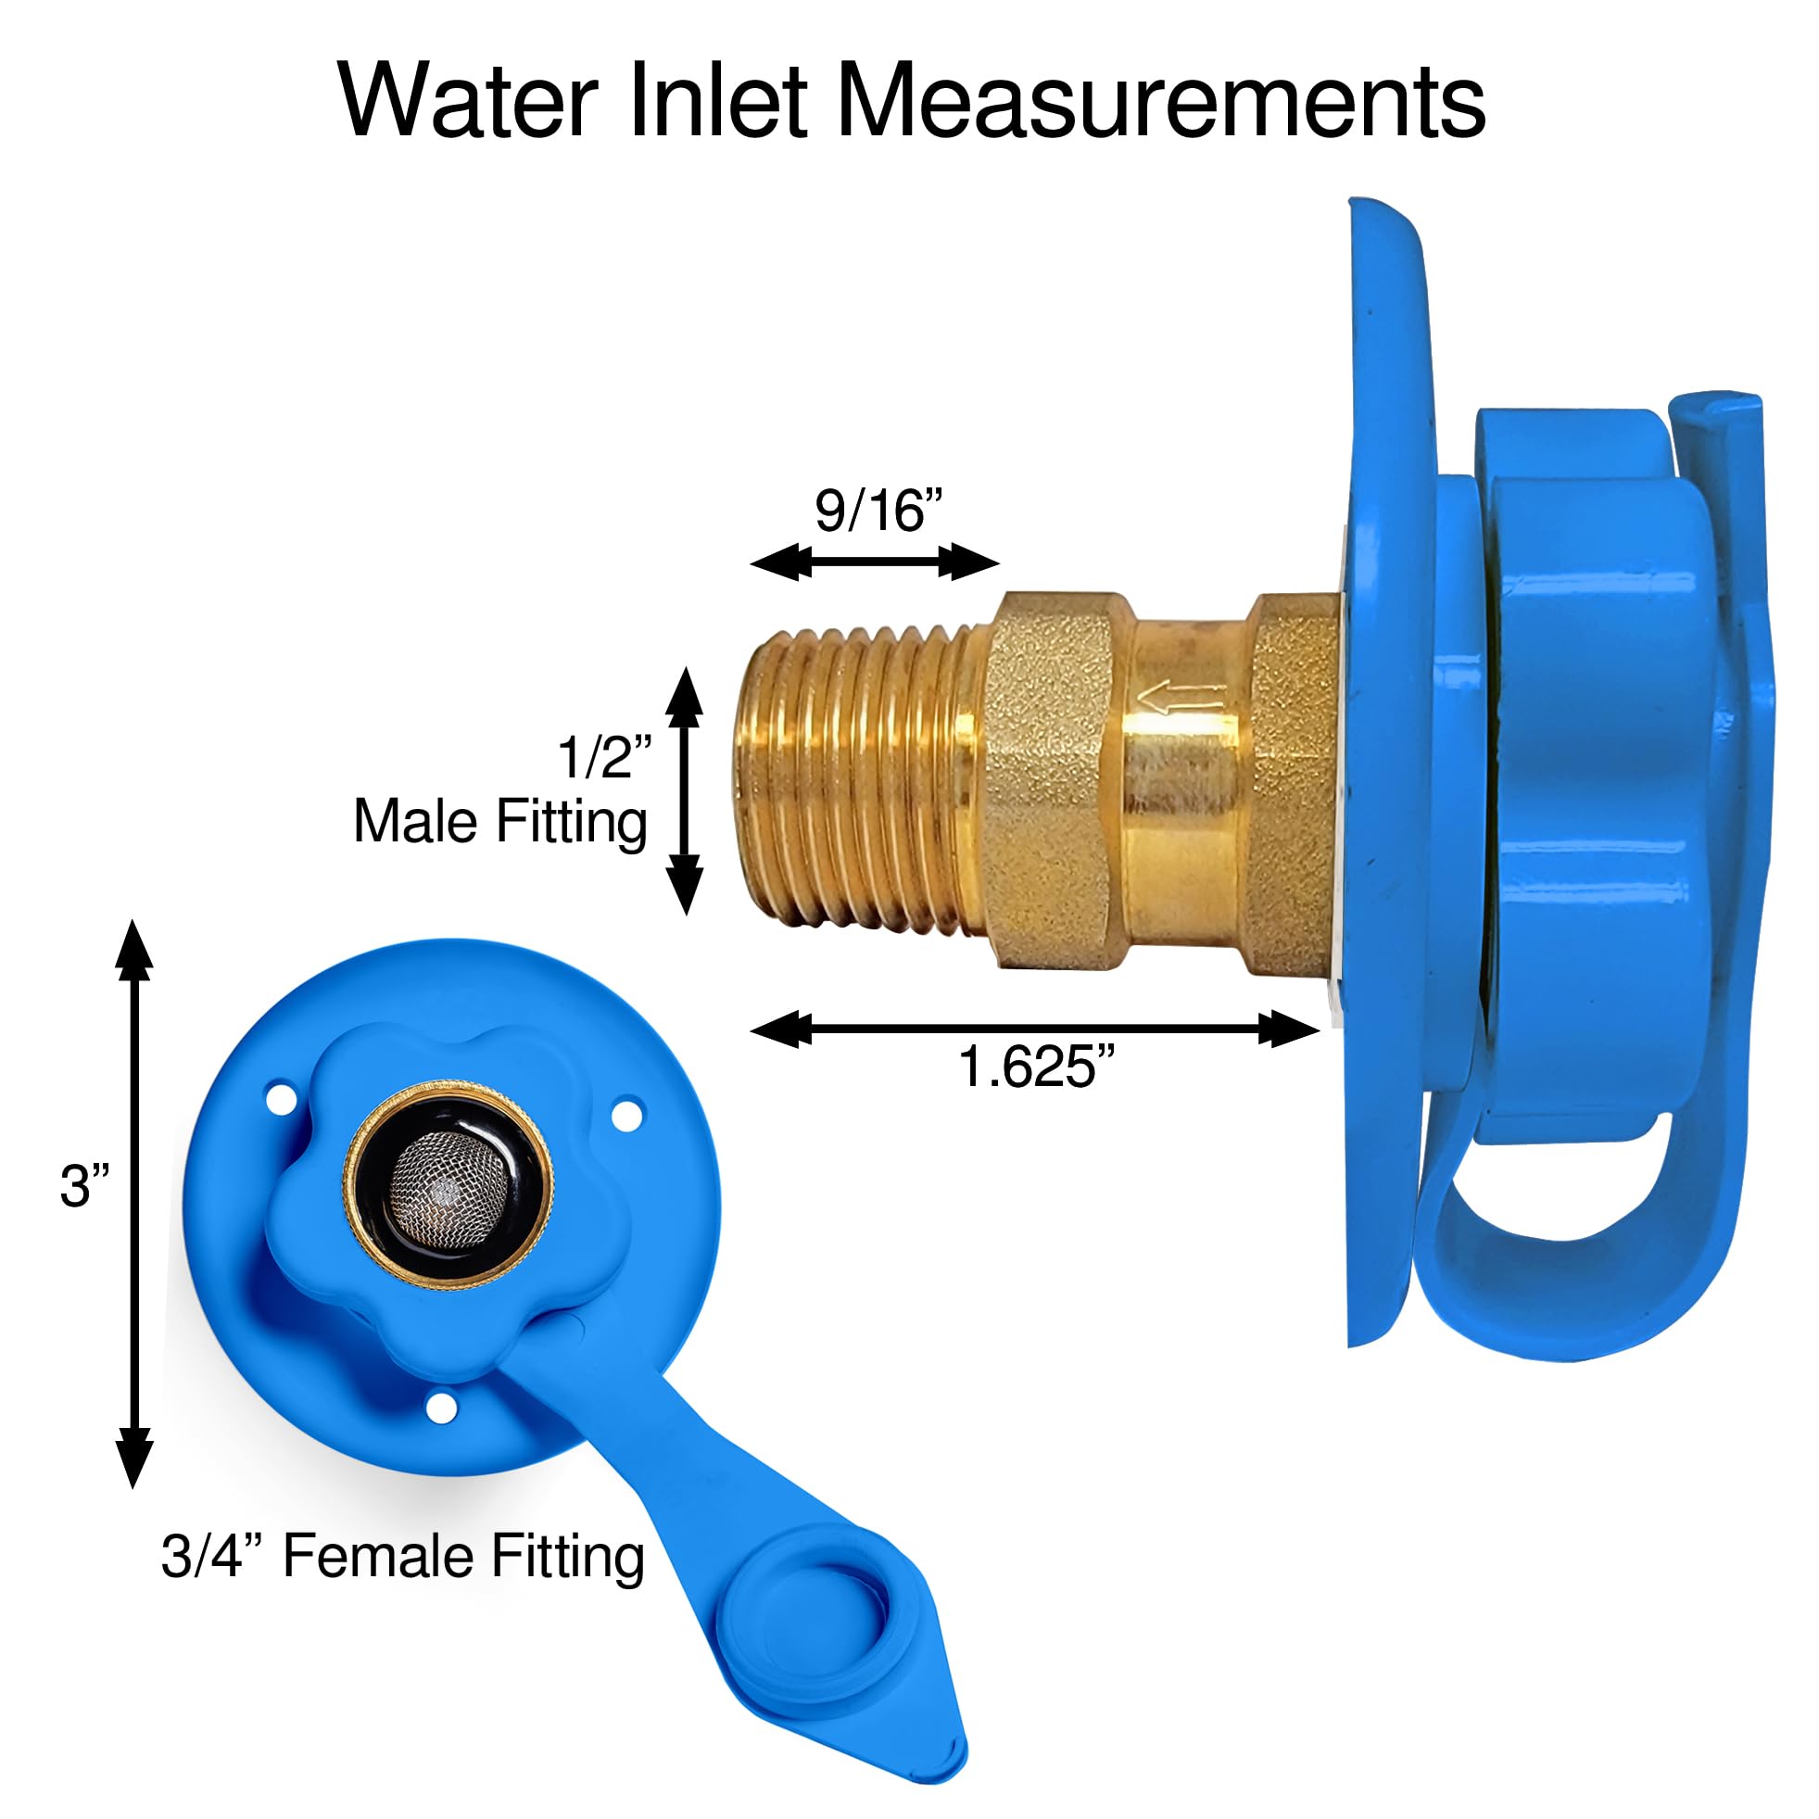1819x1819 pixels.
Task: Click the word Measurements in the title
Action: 1160,102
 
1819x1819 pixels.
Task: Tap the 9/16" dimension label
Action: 878,512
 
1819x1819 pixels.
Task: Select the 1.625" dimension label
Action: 1036,1067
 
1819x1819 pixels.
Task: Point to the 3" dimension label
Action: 83,1186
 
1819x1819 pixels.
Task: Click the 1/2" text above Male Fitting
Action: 604,757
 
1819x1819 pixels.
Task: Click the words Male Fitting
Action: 500,822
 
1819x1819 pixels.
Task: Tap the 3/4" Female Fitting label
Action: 403,1557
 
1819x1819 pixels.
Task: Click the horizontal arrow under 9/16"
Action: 874,563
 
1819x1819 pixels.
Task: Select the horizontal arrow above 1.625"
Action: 1034,1030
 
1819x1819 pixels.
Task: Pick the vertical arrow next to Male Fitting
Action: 685,790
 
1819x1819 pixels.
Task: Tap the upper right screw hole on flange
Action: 627,1116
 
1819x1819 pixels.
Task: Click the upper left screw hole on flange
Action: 281,1099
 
